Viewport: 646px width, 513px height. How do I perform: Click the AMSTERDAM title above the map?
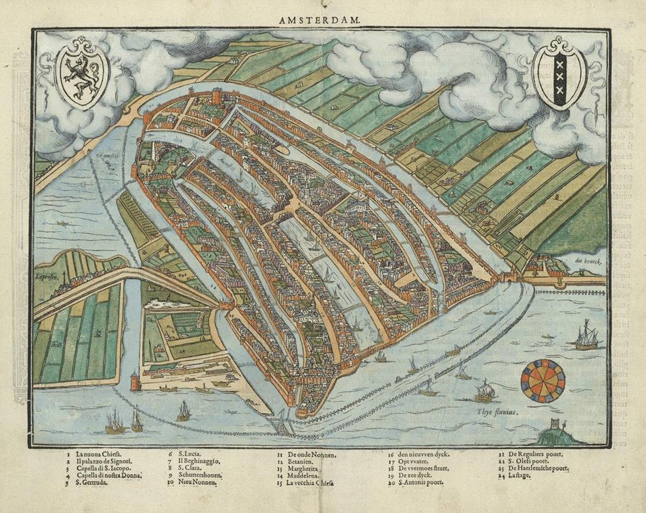tap(319, 20)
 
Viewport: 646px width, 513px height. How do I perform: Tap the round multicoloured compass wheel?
tap(542, 381)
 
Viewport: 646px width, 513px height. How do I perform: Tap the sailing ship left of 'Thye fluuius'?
tap(483, 391)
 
